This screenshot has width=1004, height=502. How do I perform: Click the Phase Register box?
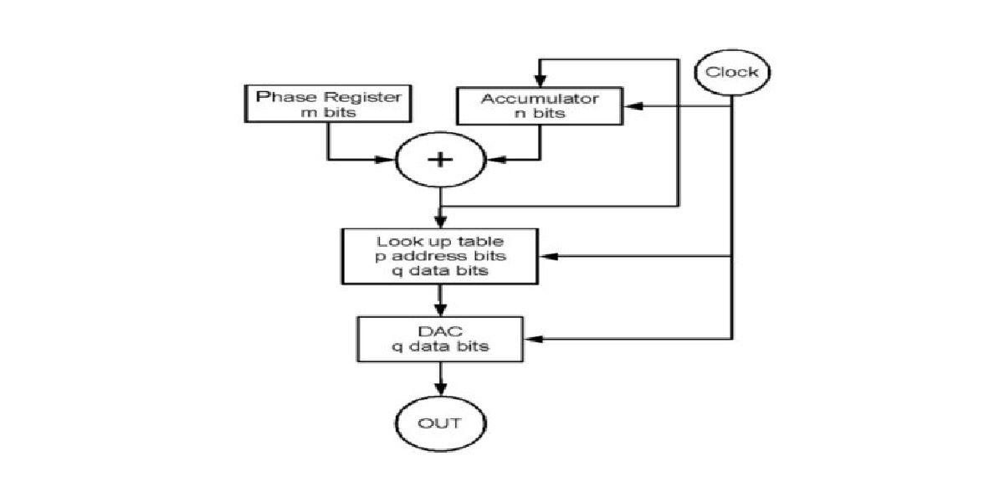tap(328, 104)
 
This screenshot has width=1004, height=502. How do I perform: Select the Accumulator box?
tap(539, 106)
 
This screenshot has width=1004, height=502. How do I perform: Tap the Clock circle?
tap(732, 72)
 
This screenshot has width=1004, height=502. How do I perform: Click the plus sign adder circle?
tap(440, 159)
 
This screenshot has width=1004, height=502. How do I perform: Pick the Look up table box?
tap(439, 255)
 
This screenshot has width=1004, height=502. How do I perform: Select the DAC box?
tap(441, 338)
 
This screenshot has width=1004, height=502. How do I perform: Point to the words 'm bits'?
tap(328, 112)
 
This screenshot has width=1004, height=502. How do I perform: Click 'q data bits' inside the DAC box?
tap(441, 346)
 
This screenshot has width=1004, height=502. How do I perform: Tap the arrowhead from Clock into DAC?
tap(534, 339)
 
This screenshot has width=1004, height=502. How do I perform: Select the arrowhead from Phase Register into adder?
tap(391, 159)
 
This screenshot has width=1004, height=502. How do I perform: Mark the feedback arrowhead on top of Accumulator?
tap(540, 80)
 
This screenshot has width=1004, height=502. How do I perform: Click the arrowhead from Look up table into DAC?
tap(439, 309)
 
